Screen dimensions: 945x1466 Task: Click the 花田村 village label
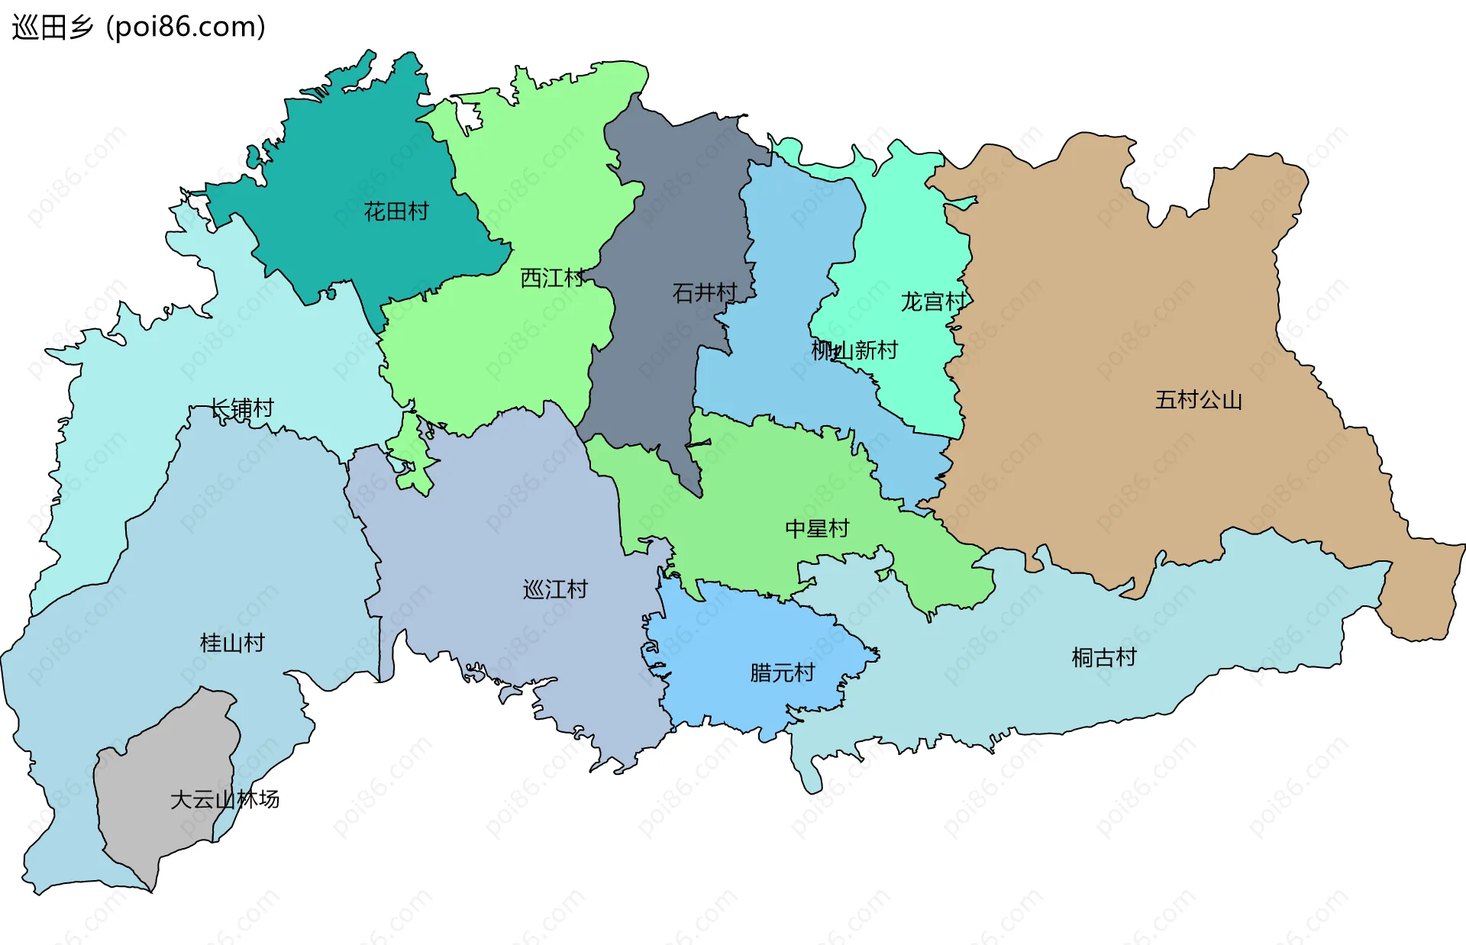396,211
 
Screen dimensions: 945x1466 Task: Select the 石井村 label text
705,292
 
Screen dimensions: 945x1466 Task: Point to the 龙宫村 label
933,302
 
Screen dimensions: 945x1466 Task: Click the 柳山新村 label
854,350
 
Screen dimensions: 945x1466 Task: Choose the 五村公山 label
1198,400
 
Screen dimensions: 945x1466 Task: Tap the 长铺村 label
242,408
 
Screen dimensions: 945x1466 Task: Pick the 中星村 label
817,528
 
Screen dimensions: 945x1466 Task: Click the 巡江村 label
555,589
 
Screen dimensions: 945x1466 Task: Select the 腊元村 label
782,672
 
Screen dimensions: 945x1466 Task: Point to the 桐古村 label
1104,657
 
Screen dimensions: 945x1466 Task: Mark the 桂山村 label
232,643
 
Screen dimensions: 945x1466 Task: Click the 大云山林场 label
224,799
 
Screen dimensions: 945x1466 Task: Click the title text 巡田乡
52,27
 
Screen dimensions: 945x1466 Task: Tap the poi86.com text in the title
186,27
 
